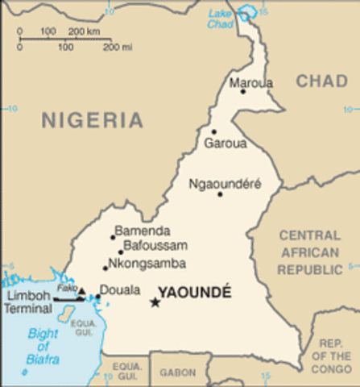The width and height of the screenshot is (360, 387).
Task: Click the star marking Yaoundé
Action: click(155, 302)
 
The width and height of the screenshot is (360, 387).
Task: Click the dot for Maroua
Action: click(242, 91)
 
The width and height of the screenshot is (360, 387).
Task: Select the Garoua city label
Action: click(225, 144)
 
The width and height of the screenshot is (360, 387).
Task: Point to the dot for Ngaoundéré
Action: click(219, 194)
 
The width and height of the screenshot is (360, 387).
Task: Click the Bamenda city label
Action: click(142, 230)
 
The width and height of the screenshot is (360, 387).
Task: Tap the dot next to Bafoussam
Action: click(121, 252)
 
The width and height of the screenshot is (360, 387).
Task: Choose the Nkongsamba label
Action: click(148, 264)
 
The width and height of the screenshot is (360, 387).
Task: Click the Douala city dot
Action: click(97, 297)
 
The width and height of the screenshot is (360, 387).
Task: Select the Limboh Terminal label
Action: click(28, 303)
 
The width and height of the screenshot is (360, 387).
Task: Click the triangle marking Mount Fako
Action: click(81, 291)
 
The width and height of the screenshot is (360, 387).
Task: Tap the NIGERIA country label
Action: click(93, 121)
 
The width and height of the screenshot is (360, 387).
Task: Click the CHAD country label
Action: click(321, 81)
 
